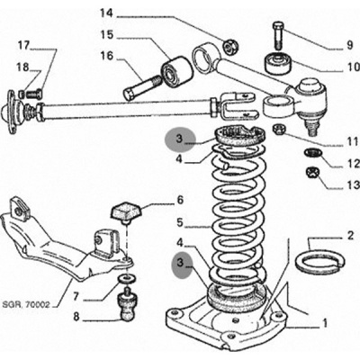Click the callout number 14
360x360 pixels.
107,13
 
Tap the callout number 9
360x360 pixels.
350,45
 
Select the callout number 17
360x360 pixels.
24,46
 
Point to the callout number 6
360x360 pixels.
180,200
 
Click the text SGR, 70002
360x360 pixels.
25,305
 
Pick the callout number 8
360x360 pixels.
76,317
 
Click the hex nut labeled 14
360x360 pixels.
230,46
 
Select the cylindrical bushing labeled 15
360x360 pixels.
176,71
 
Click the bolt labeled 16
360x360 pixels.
141,88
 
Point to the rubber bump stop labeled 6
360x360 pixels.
126,212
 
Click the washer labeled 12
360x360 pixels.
312,153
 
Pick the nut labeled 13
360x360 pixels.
312,173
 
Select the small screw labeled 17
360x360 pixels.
34,94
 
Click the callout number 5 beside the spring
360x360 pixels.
180,222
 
